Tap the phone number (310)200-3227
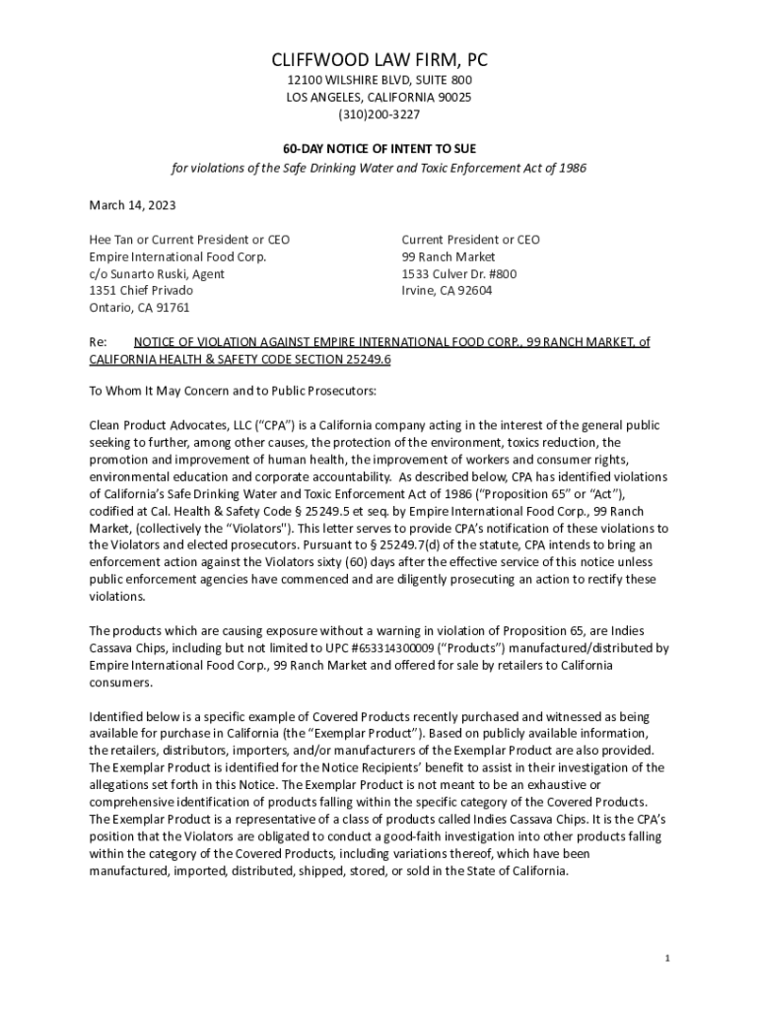point(379,115)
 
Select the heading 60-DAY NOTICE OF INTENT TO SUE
point(379,148)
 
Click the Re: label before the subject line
point(98,342)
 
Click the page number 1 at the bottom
point(667,959)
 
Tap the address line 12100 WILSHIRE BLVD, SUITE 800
point(379,80)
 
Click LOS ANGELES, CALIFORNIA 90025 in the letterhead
point(379,98)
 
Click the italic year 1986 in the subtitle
point(570,169)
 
